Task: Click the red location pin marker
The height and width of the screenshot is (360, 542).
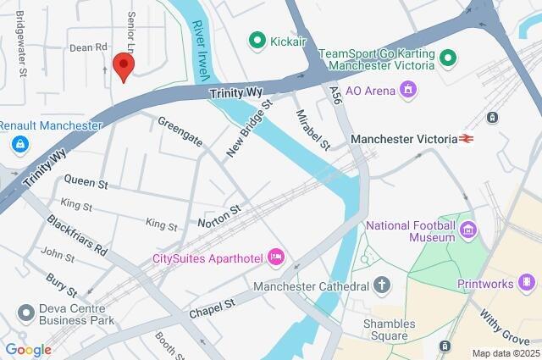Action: [124, 66]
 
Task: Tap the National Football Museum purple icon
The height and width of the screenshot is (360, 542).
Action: [467, 228]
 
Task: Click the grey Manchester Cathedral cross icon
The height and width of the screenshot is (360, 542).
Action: [382, 285]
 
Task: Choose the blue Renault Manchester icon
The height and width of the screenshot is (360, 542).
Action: [19, 145]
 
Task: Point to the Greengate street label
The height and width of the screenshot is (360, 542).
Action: [180, 130]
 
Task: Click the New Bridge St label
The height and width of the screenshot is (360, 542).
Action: [248, 129]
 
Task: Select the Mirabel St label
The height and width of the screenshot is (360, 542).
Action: [312, 129]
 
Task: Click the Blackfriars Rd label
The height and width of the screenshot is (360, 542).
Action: [77, 235]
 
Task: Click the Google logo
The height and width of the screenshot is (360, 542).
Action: [28, 349]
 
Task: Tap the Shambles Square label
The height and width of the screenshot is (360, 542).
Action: [389, 331]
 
